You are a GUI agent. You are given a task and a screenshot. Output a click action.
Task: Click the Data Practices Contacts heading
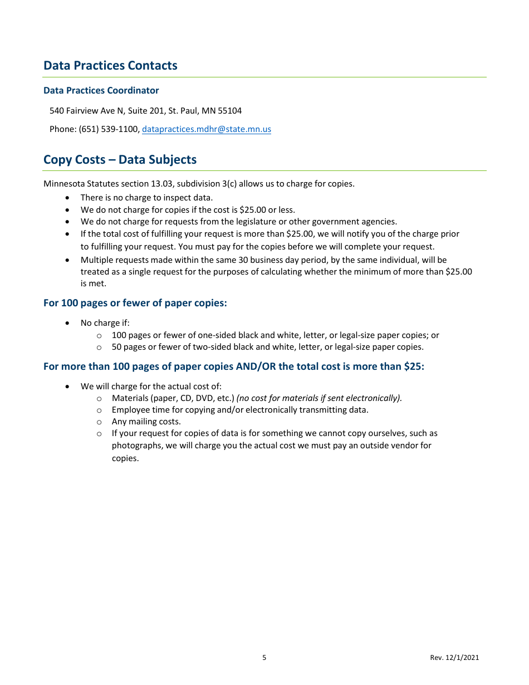(x=110, y=66)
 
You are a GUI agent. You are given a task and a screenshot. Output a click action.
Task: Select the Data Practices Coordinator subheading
(x=101, y=91)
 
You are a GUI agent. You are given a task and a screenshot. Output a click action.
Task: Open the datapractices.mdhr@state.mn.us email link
(x=206, y=129)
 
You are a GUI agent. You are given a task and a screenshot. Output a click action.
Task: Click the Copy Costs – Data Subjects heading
(x=120, y=160)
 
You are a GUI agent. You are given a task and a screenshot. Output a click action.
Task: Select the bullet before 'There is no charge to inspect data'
(x=67, y=198)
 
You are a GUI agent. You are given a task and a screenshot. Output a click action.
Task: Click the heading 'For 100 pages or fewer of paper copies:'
(x=135, y=304)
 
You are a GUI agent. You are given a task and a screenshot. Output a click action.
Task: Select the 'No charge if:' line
(x=105, y=323)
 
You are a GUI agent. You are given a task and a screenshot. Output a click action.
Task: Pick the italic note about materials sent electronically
(x=319, y=398)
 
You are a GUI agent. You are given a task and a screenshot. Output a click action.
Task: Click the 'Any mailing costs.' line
(x=146, y=422)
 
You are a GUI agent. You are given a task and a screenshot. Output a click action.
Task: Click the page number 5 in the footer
(x=264, y=658)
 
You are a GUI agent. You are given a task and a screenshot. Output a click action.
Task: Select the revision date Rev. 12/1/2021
(x=454, y=658)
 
